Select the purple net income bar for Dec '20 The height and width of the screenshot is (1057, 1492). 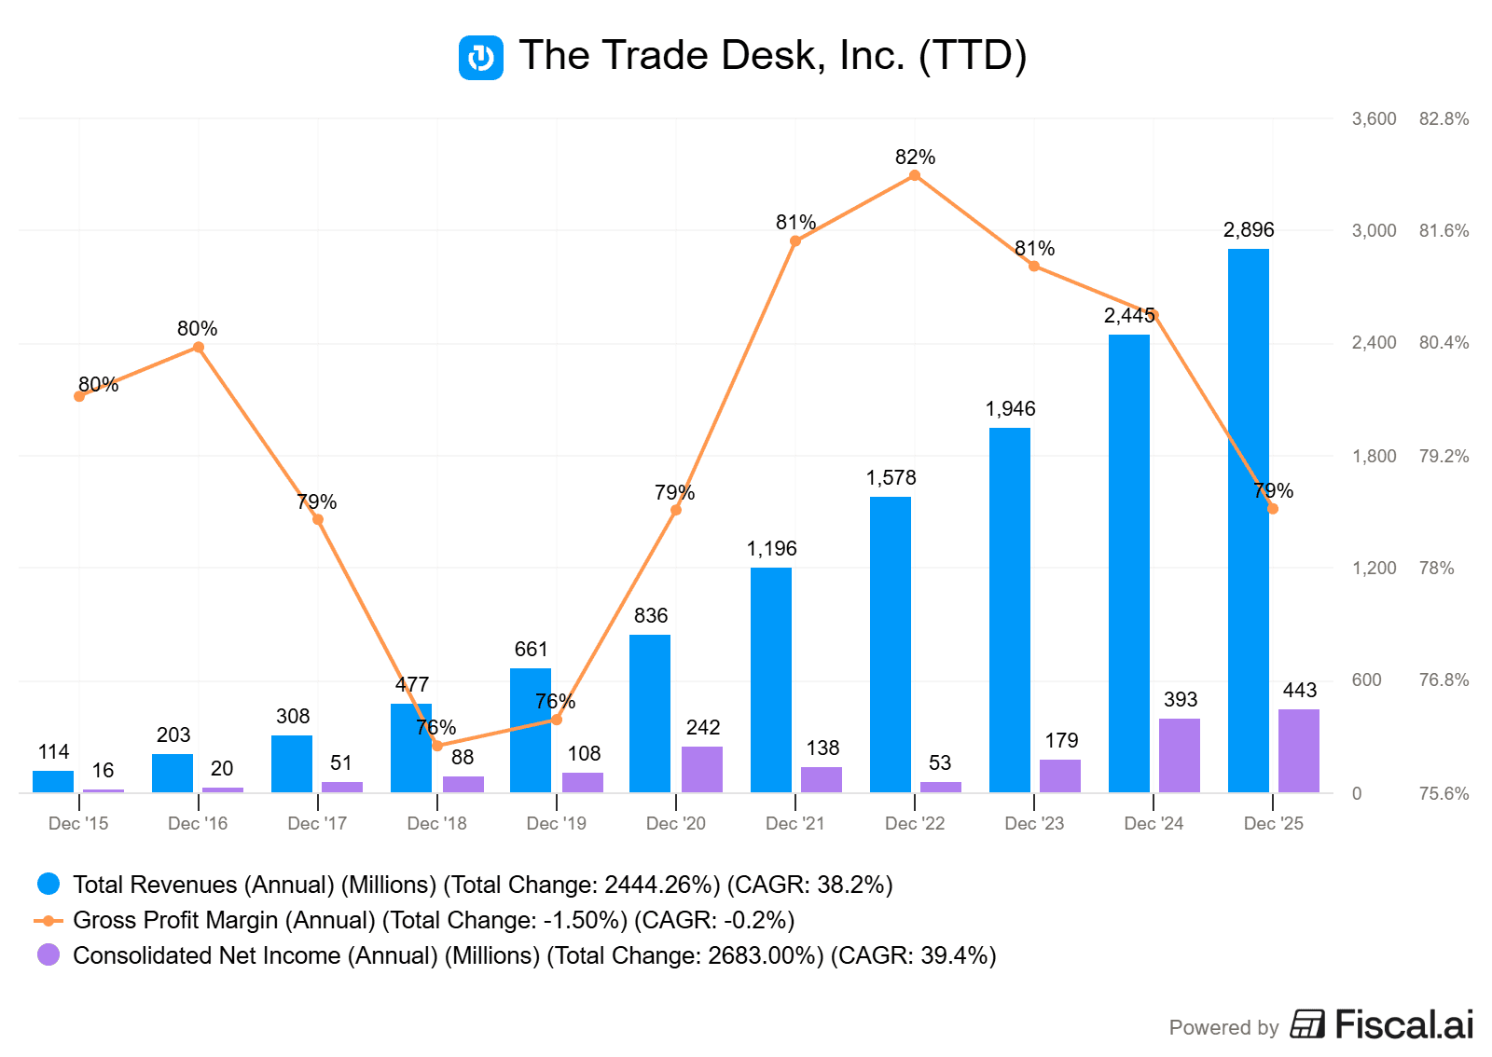(702, 769)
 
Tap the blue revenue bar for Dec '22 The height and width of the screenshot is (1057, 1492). (890, 644)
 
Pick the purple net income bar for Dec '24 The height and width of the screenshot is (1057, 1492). (1180, 755)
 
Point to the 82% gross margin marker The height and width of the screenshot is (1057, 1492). (915, 175)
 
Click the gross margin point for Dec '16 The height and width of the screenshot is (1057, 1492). (199, 348)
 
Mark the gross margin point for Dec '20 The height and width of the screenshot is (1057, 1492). (676, 510)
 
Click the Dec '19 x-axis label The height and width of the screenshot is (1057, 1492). (556, 823)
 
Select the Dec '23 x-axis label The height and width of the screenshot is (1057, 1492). (1034, 823)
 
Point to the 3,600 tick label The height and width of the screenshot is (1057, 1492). (1374, 119)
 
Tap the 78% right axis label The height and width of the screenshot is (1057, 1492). (1436, 568)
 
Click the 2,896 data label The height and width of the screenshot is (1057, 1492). (1249, 230)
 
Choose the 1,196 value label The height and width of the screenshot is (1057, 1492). (771, 549)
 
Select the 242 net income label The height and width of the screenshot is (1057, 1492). (703, 727)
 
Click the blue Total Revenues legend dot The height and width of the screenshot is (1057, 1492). (48, 884)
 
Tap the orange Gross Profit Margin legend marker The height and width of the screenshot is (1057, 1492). (48, 920)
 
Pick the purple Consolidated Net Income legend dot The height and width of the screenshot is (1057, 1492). (48, 955)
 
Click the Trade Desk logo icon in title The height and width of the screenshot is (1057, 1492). (481, 58)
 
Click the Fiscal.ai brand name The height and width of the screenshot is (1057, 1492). (1403, 1024)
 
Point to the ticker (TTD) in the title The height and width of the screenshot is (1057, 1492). (973, 56)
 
